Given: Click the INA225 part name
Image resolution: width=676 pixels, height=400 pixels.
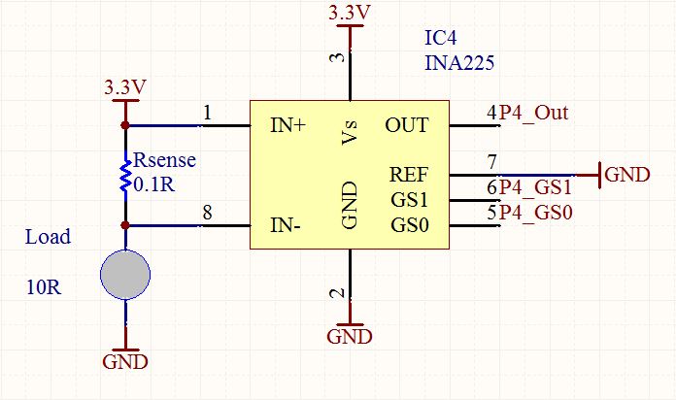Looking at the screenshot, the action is point(459,63).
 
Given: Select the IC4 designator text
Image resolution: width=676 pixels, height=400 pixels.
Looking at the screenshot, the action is point(440,38).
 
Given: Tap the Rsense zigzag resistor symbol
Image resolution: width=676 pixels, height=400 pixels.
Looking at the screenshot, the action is point(125,176).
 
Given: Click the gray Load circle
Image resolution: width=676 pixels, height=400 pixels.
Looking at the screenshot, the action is point(125,275).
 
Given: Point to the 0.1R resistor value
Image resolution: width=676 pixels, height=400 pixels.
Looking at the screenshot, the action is point(154,184).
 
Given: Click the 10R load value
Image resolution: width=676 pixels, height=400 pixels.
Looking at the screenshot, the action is point(44,287).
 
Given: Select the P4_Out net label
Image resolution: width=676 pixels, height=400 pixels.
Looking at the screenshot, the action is point(533,113).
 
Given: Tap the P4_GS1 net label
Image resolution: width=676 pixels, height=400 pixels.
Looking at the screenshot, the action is point(535,187).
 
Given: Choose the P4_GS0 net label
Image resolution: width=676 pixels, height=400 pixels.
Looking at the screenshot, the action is point(535,213).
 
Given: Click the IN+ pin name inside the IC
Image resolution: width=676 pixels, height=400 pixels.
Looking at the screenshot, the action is point(287,125).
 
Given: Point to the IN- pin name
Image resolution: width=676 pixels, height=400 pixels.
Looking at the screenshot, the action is point(285,225).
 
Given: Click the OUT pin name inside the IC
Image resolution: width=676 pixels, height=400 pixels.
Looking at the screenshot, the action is point(407,125).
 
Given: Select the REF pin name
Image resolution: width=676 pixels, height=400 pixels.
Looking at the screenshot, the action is point(408,175).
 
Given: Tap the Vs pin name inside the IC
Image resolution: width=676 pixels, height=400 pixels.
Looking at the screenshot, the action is point(350,132).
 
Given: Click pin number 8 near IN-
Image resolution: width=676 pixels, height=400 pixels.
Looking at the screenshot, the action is point(208,212).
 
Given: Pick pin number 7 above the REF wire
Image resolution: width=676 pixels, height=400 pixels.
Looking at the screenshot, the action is point(491,162).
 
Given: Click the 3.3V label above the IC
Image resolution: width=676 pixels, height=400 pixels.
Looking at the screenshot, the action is point(350,13).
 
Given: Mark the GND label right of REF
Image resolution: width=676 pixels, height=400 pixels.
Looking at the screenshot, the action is point(627,175).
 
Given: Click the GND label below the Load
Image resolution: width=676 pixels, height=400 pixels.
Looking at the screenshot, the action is point(125,361).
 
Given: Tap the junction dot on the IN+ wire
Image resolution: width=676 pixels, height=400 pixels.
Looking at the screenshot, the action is point(125,125).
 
